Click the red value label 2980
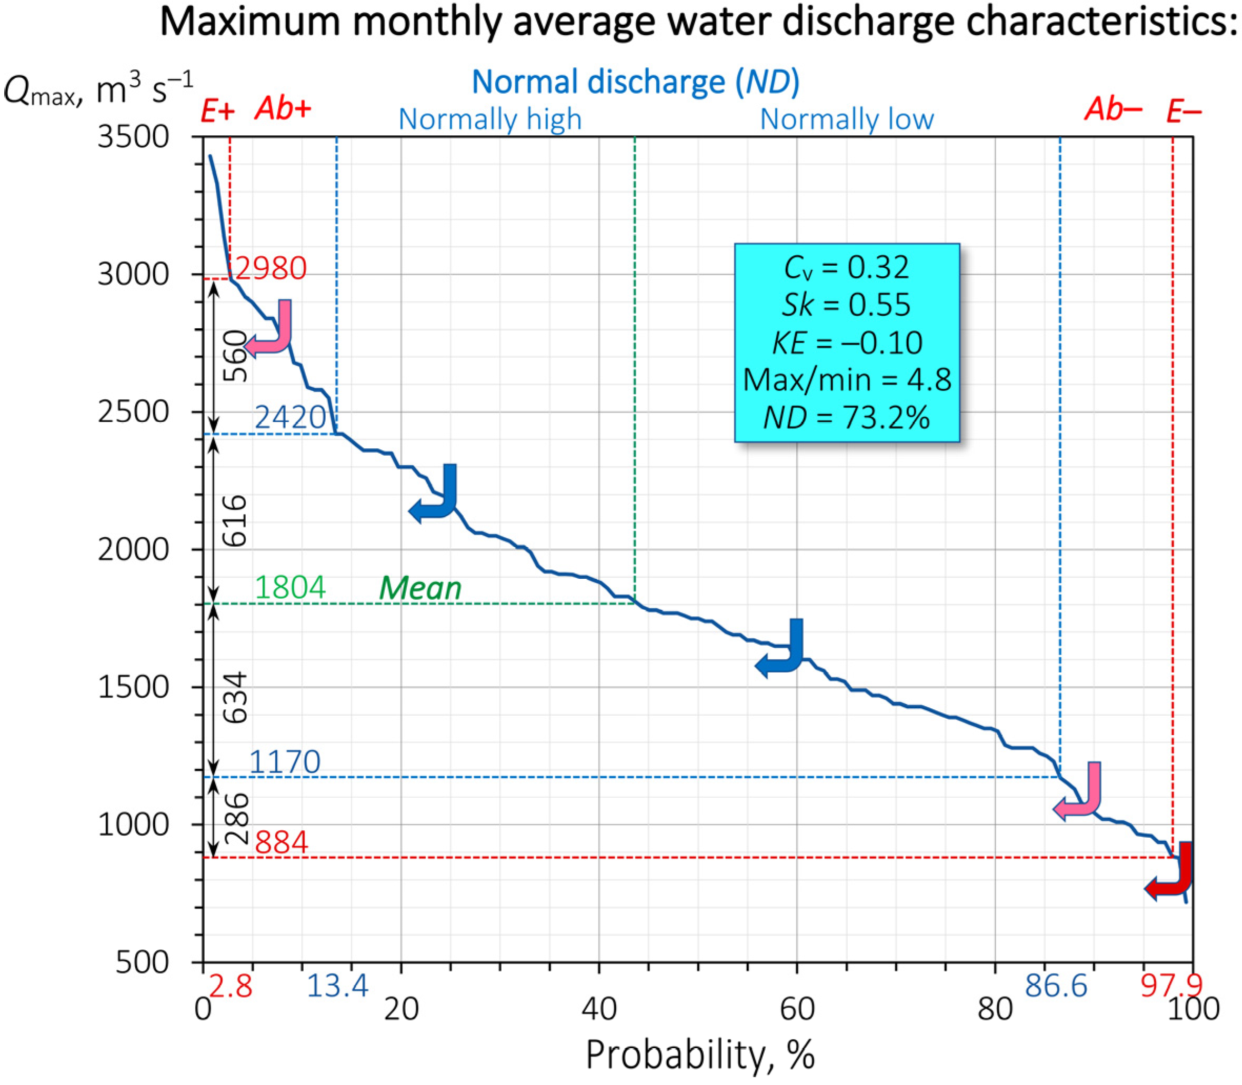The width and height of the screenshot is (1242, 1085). (271, 268)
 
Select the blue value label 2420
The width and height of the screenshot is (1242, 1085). (290, 417)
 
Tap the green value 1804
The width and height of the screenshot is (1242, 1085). (290, 587)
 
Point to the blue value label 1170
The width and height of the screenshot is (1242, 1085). (285, 762)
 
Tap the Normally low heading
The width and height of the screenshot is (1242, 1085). (847, 119)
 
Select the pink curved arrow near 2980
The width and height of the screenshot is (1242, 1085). (271, 330)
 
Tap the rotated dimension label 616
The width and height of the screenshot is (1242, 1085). (235, 521)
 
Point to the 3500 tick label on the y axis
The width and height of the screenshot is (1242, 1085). (133, 137)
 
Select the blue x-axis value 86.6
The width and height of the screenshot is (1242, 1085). (1056, 986)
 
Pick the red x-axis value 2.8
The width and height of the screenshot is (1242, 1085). (230, 986)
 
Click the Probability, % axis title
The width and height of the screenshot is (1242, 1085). (699, 1054)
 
